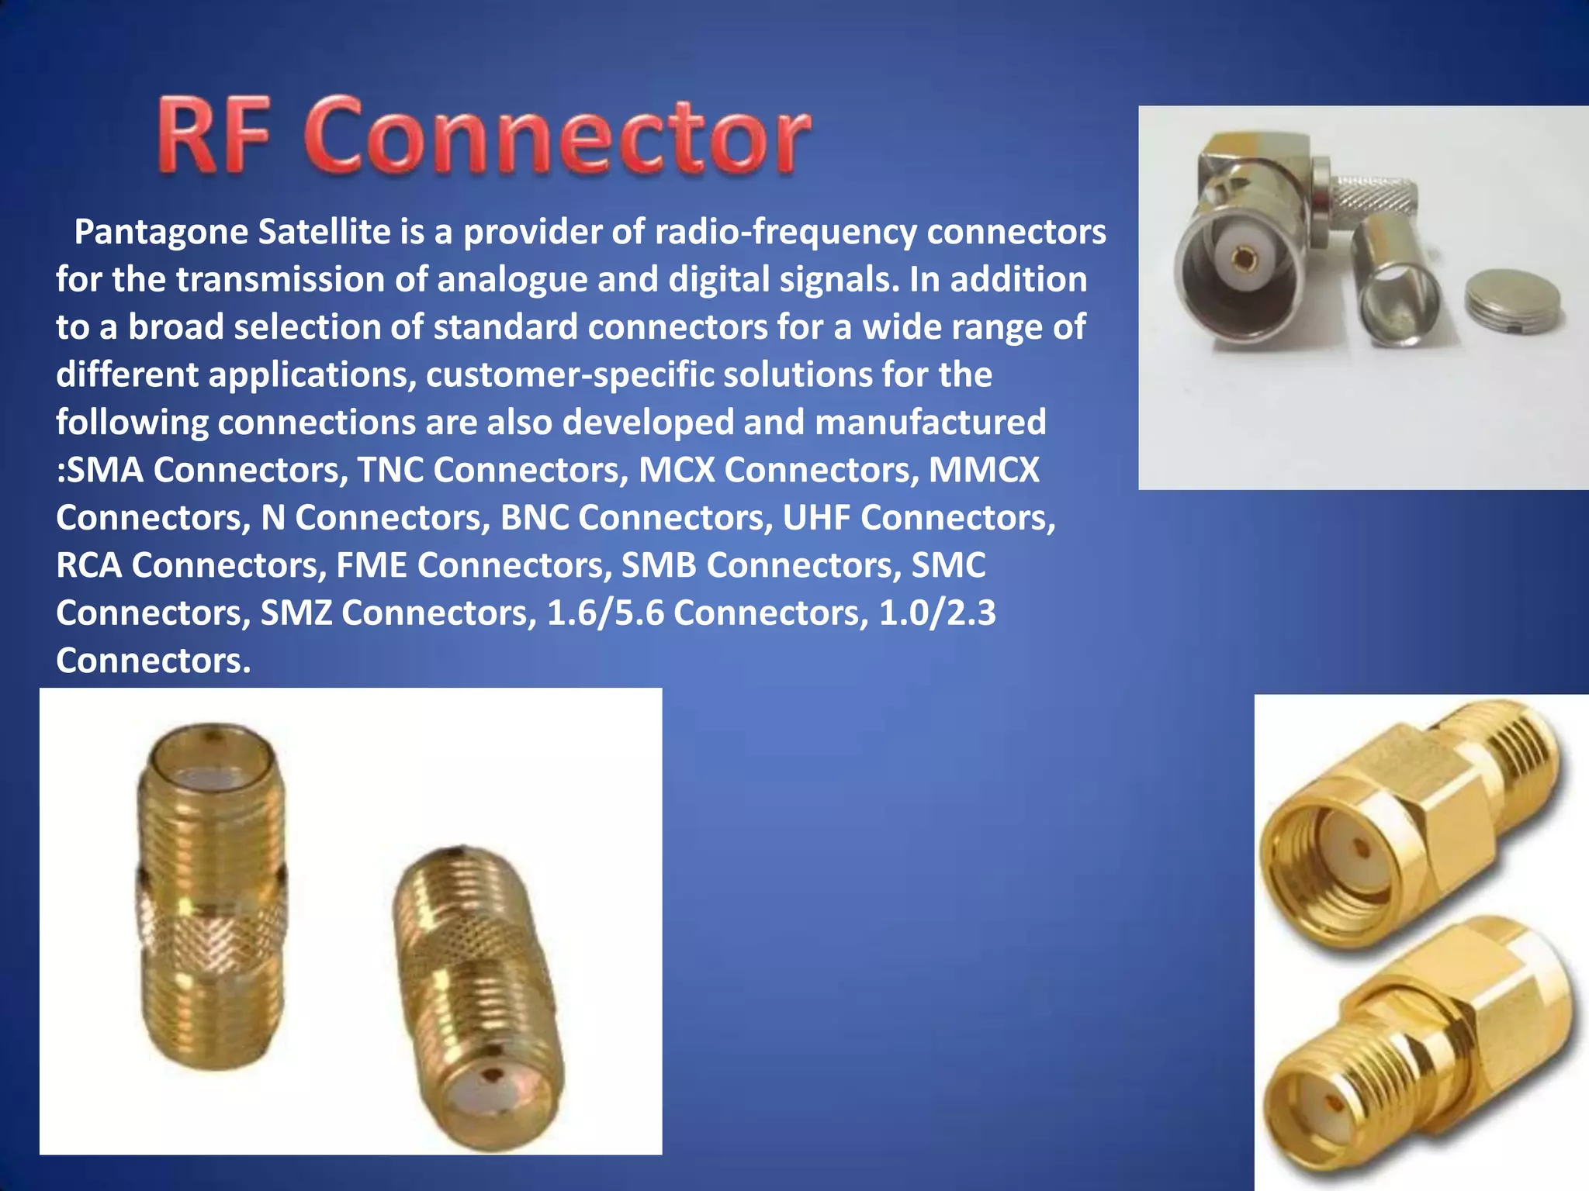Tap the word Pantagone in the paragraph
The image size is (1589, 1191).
tap(161, 232)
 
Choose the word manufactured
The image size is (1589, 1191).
tap(930, 423)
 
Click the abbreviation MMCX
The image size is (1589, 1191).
tap(984, 470)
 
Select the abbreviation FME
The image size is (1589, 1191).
tap(372, 565)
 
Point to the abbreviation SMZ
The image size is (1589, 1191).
tap(296, 613)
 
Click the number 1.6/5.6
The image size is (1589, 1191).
tap(605, 613)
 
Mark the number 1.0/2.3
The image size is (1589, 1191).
tap(936, 613)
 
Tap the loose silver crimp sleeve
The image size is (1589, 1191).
tap(1395, 280)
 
